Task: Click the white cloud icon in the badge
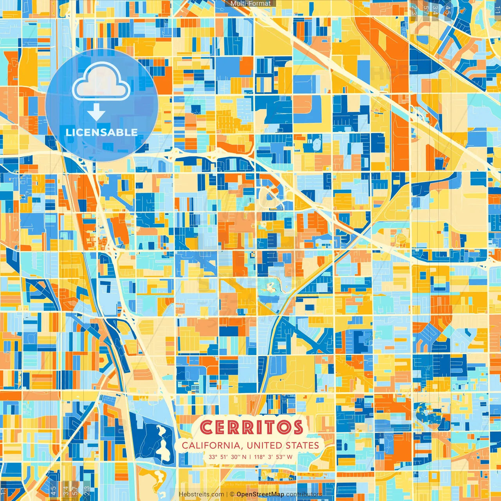pyautogui.click(x=101, y=81)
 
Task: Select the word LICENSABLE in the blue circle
pyautogui.click(x=101, y=132)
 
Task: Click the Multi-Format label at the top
pyautogui.click(x=250, y=4)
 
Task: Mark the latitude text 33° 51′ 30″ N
pyautogui.click(x=227, y=457)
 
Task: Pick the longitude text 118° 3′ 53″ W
pyautogui.click(x=273, y=457)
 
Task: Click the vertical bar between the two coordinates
pyautogui.click(x=250, y=457)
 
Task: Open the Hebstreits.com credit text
pyautogui.click(x=201, y=494)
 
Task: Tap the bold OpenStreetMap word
pyautogui.click(x=260, y=494)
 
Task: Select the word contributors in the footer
pyautogui.click(x=304, y=494)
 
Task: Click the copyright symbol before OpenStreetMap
pyautogui.click(x=232, y=494)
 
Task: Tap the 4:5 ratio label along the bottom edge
pyautogui.click(x=53, y=490)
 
